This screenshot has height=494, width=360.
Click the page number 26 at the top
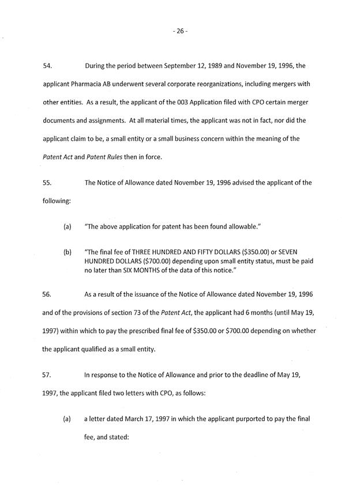179,31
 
